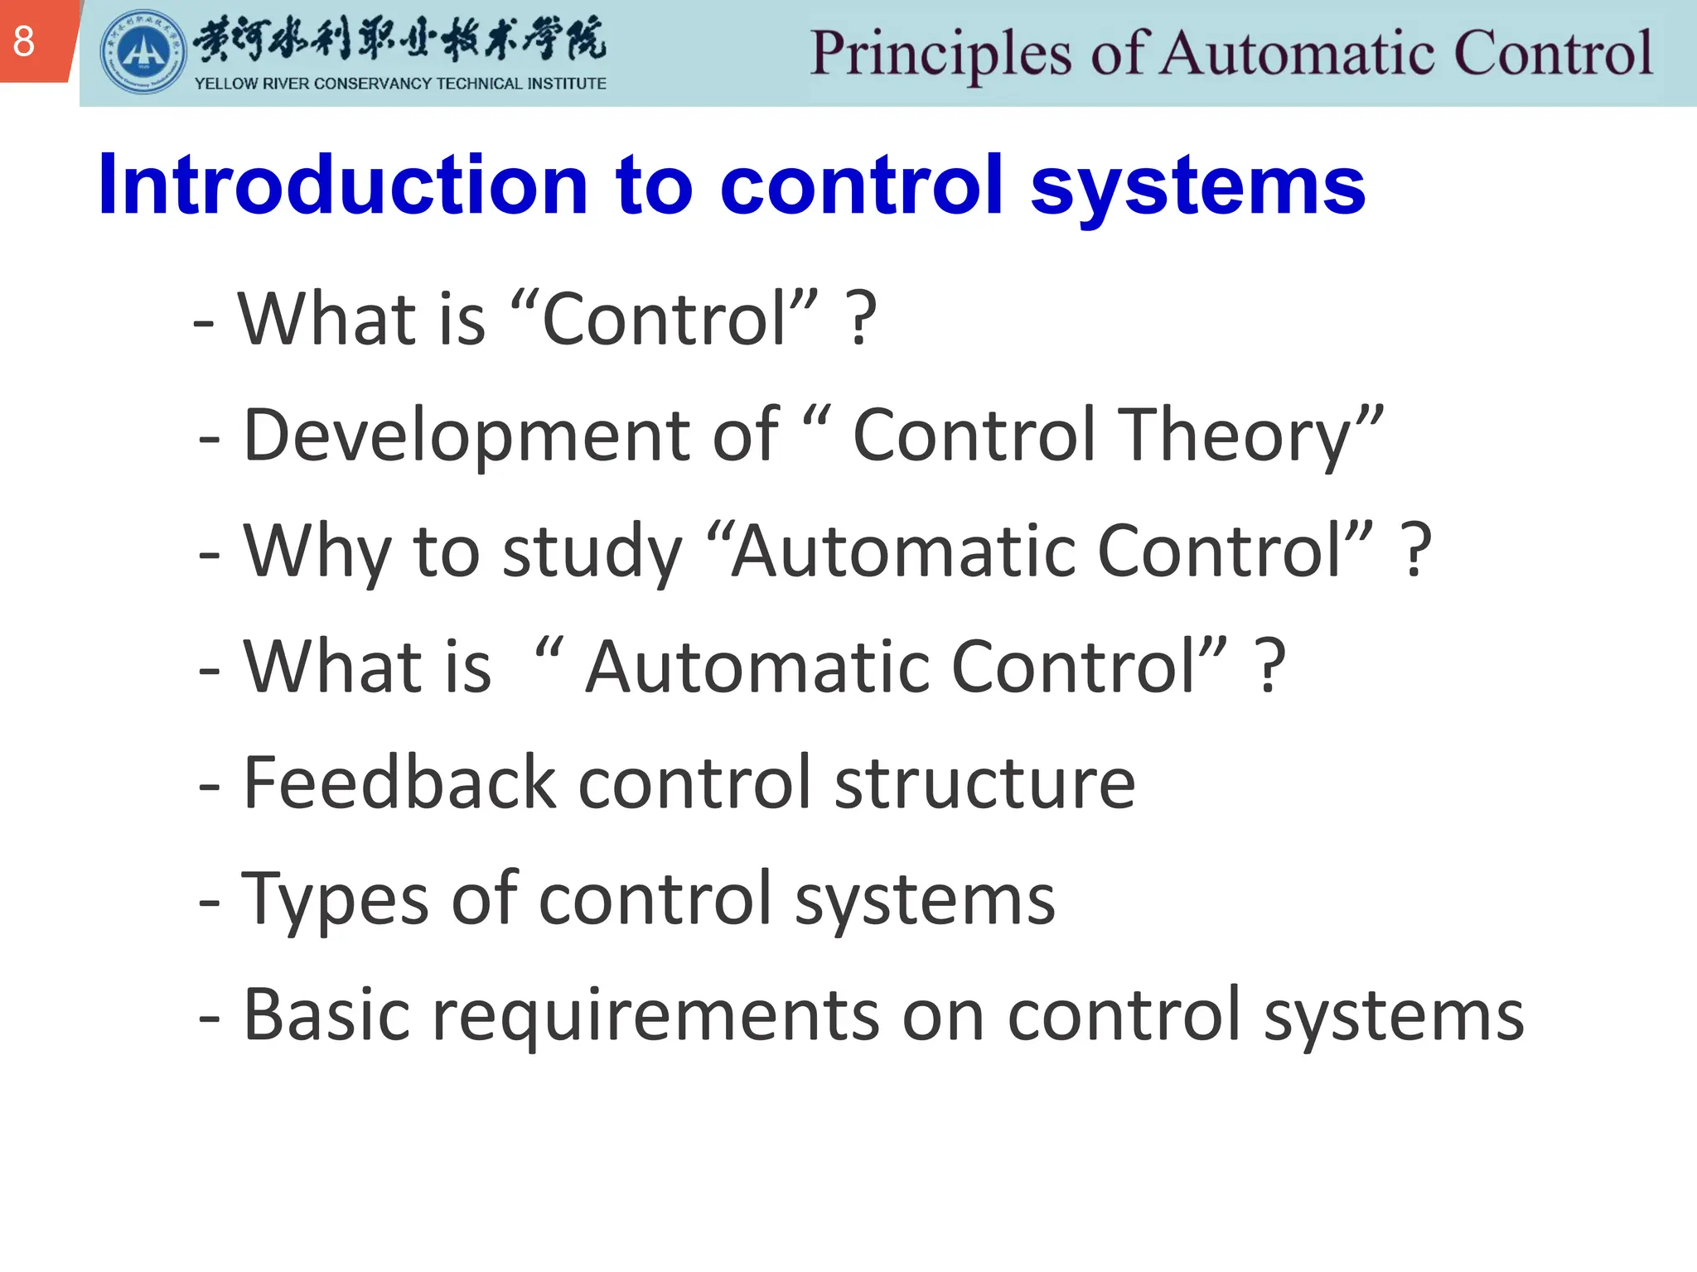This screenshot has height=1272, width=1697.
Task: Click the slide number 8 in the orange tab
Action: click(x=24, y=41)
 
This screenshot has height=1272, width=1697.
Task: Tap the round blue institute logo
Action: click(x=143, y=52)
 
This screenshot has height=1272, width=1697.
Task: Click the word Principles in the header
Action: click(x=940, y=54)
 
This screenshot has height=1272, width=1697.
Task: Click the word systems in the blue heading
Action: click(x=1197, y=187)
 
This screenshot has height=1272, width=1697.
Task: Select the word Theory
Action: click(x=1235, y=437)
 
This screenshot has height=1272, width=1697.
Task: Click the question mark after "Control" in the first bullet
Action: click(x=861, y=320)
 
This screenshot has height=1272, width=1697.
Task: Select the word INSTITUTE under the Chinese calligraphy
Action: click(x=568, y=84)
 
